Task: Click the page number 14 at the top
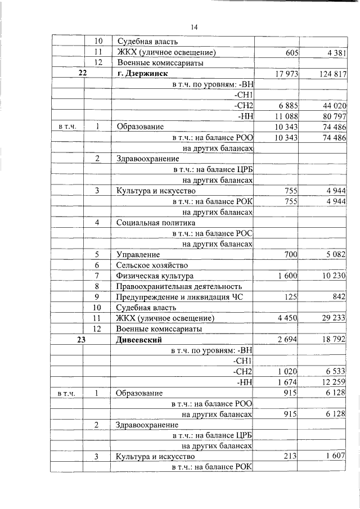pyautogui.click(x=194, y=27)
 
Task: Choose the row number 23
pyautogui.click(x=83, y=340)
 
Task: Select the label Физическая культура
pyautogui.click(x=155, y=276)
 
